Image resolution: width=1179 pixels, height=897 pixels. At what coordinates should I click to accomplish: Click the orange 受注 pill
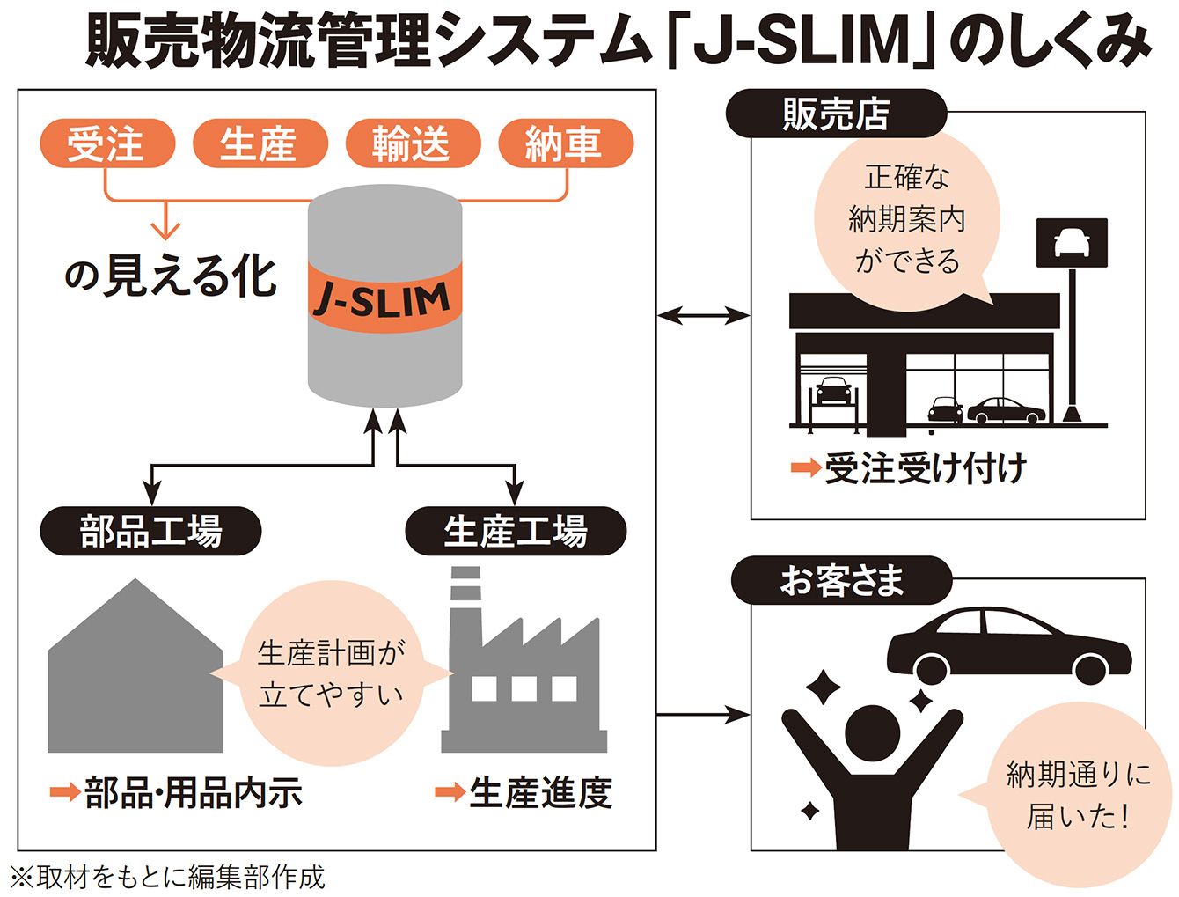tap(106, 143)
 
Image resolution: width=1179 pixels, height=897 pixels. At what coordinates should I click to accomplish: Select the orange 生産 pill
tap(259, 143)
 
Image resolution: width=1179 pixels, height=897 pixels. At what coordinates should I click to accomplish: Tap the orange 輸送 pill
tap(412, 143)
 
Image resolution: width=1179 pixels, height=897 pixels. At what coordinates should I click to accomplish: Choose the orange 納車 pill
tap(564, 143)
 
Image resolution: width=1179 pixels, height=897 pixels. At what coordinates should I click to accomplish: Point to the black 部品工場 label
tap(151, 531)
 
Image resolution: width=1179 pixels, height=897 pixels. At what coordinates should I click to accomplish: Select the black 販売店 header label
tap(835, 114)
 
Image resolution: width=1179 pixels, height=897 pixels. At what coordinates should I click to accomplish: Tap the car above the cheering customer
tap(1007, 644)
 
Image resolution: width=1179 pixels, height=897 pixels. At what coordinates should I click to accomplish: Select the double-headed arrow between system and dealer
tap(703, 314)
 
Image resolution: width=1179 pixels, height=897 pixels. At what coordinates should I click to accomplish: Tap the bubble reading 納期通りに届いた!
tap(1078, 795)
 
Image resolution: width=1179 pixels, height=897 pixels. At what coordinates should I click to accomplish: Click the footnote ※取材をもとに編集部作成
tap(167, 877)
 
